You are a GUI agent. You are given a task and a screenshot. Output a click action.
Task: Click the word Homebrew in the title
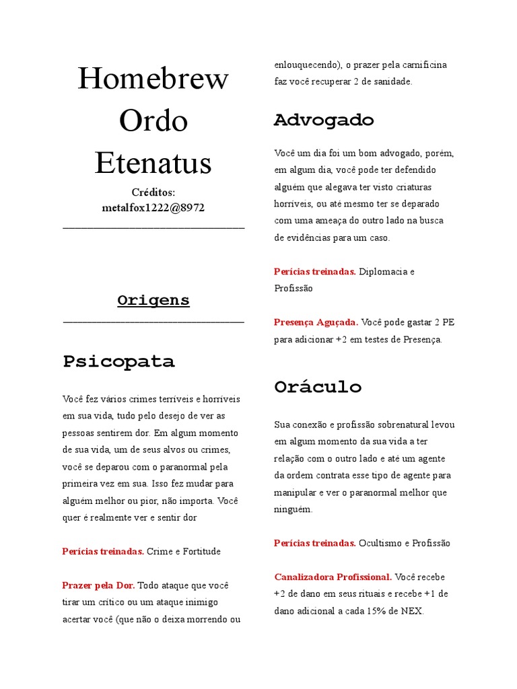(153, 79)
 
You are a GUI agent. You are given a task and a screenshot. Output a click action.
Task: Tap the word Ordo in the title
(153, 121)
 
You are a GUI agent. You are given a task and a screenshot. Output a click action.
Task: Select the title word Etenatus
(153, 163)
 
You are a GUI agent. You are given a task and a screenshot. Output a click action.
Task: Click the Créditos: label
(153, 193)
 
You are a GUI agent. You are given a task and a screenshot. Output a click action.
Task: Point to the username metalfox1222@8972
(153, 208)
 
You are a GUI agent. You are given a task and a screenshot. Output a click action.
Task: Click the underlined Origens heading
(153, 300)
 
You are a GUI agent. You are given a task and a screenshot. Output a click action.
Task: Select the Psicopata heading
(118, 361)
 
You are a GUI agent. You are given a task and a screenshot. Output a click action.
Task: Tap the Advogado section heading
(323, 120)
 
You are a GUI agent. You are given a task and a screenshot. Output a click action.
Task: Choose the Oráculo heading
(318, 387)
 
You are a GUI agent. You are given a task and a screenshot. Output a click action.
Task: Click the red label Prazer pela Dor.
(98, 585)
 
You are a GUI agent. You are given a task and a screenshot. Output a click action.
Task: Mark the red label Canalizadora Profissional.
(333, 577)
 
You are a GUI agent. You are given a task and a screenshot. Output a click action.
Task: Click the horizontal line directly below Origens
(153, 322)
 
